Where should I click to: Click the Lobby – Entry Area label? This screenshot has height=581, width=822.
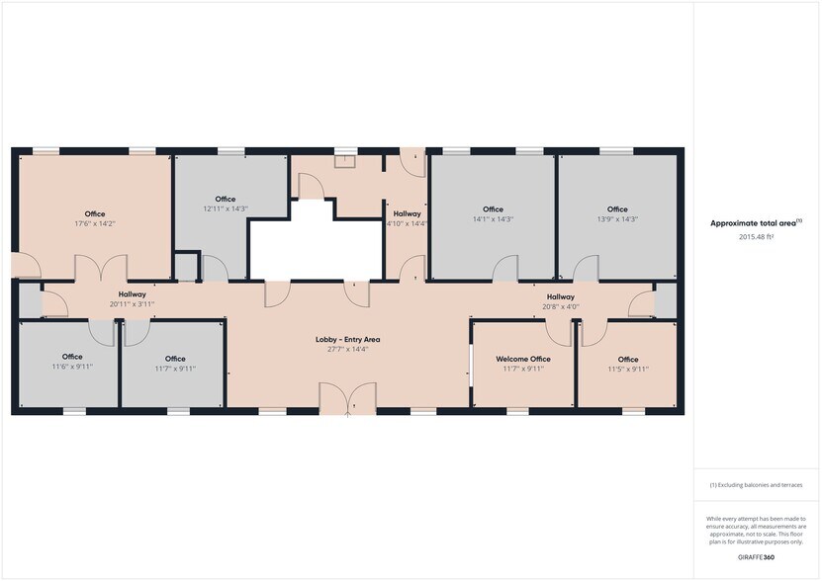pos(348,339)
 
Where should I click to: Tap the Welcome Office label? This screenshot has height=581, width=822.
pos(523,359)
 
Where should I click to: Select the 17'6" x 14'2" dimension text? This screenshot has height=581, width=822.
pos(95,223)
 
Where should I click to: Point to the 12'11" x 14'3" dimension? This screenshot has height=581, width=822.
pos(226,208)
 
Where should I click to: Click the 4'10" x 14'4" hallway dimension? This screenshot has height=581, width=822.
pos(407,223)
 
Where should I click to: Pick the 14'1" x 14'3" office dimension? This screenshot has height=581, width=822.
pos(494,218)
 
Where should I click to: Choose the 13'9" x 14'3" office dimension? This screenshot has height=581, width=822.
pos(617,218)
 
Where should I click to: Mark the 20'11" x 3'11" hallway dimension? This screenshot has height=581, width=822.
pos(133,303)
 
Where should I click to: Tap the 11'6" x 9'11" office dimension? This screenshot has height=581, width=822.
pos(72,367)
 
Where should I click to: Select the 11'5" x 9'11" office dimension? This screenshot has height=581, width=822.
pos(628,369)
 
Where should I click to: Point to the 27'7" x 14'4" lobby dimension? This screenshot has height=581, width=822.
pos(348,349)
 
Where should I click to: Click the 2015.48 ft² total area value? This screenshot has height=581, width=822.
pos(757,237)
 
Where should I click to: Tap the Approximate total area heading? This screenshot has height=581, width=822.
pos(756,223)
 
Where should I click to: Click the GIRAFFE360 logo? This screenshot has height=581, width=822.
pos(757,557)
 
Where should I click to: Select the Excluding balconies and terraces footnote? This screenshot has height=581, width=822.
pos(757,485)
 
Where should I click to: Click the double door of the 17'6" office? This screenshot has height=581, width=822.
pos(101,268)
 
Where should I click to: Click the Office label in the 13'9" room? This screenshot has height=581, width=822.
pos(617,208)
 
